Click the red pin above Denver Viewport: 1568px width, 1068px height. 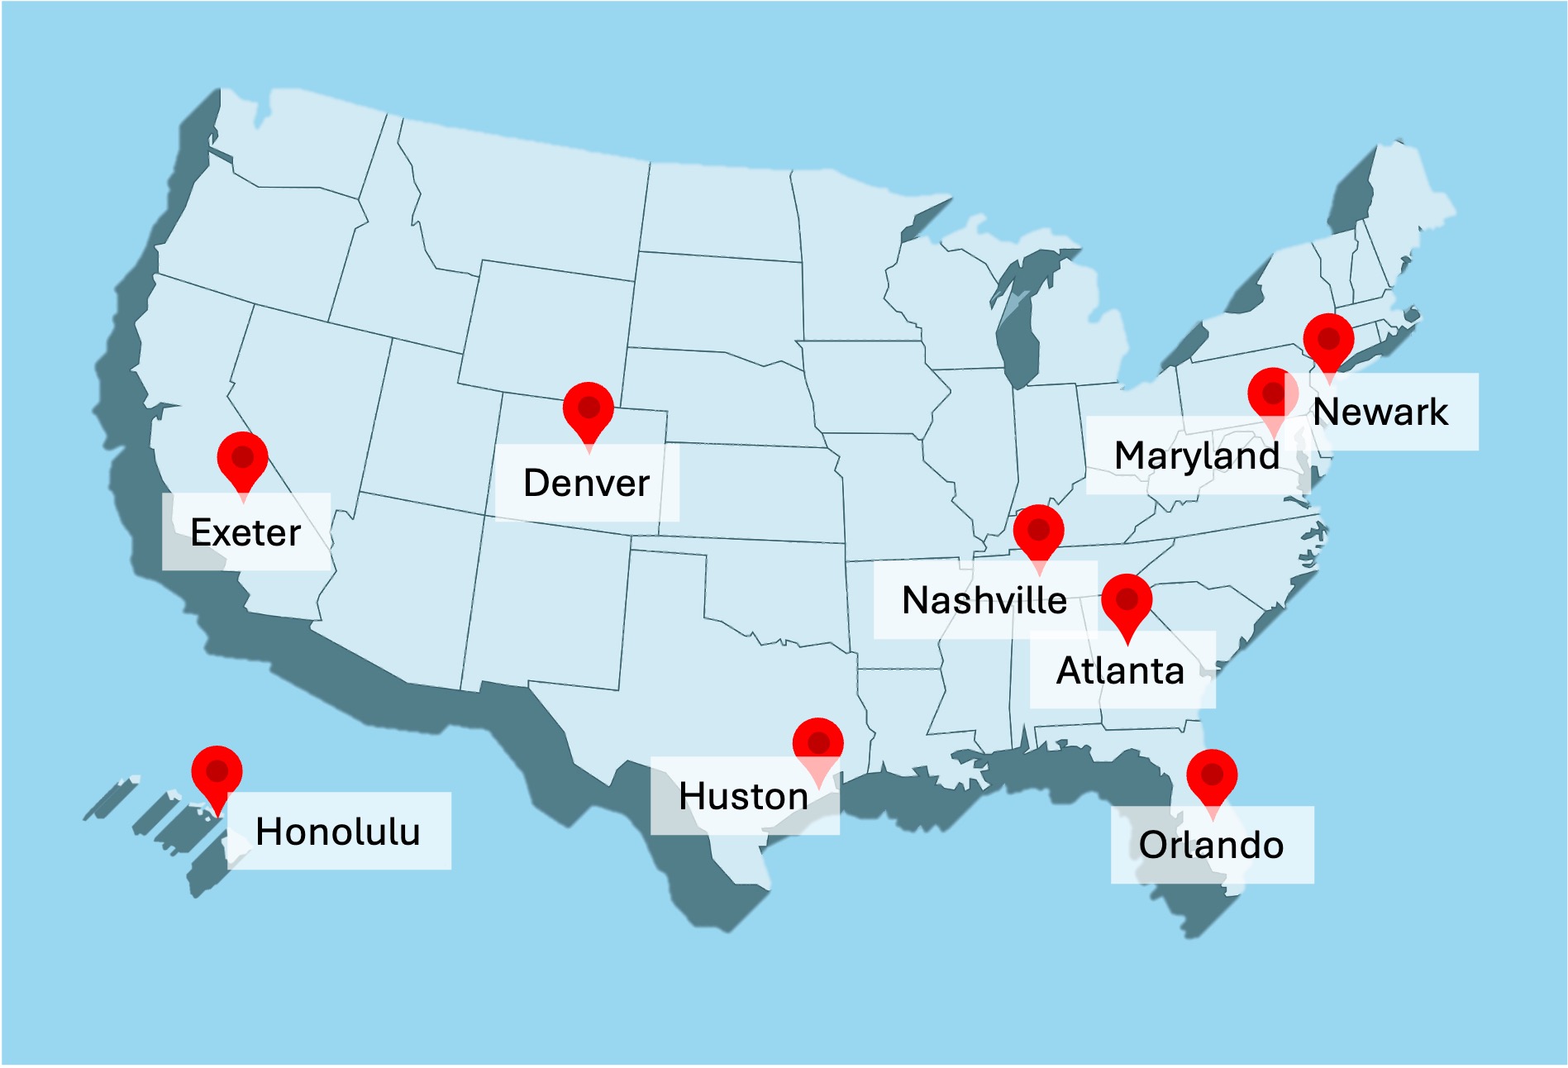(589, 409)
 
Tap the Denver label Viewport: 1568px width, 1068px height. (587, 484)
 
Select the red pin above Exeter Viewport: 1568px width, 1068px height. (242, 459)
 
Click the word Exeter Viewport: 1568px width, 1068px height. (245, 533)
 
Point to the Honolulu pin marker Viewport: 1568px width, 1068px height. (217, 774)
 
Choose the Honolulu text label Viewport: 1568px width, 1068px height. (338, 832)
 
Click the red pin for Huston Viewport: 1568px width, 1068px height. (817, 744)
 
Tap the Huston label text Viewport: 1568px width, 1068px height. (743, 797)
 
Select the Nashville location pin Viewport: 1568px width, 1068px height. (1038, 532)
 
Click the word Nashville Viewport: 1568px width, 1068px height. (984, 601)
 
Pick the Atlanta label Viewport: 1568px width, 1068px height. (1121, 671)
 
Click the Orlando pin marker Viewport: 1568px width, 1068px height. (1212, 777)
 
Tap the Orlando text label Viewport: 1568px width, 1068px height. (1212, 846)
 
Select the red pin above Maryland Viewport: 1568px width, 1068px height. (1273, 395)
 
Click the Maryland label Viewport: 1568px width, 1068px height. (1197, 456)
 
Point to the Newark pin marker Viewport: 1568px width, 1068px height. (1328, 341)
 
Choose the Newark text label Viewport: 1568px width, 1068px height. (1380, 412)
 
